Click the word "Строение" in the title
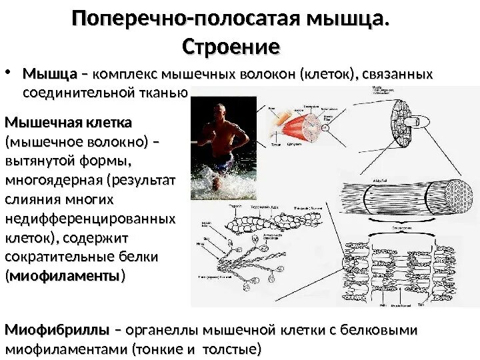coord(231,47)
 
